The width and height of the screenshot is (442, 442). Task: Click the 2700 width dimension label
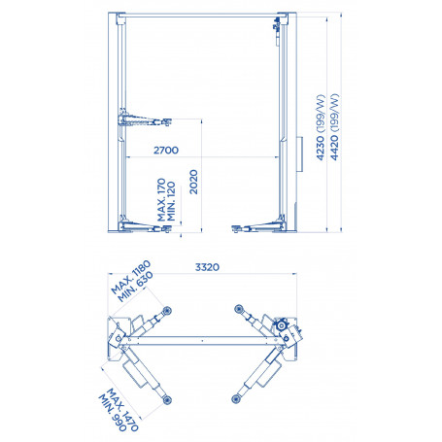[166, 151]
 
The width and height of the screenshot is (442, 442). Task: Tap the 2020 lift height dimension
[193, 182]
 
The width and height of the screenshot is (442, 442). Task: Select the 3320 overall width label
[207, 267]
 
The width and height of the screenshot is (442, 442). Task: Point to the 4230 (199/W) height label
[321, 127]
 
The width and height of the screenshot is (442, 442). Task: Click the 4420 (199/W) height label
[334, 127]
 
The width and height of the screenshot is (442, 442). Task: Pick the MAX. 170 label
[161, 199]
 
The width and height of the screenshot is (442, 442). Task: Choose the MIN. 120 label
[171, 201]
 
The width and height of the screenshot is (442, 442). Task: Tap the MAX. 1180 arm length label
[130, 277]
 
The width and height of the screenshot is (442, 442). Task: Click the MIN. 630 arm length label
[135, 287]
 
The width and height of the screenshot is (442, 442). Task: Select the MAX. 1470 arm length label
[122, 410]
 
